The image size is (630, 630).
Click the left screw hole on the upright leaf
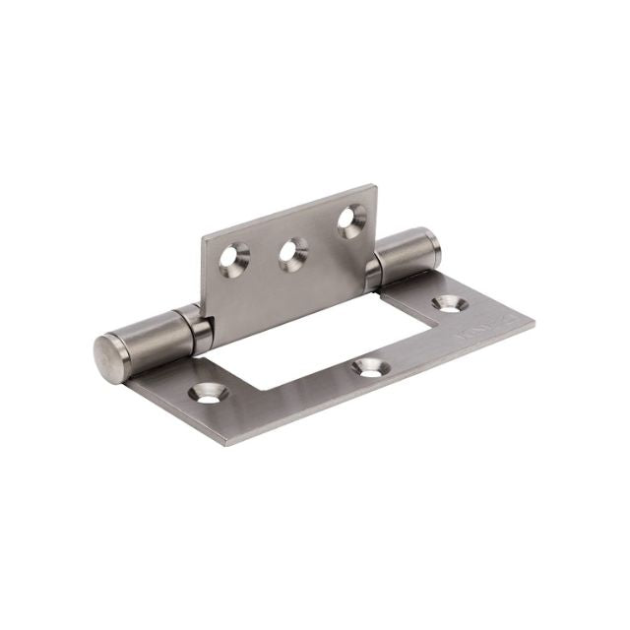[x=235, y=257]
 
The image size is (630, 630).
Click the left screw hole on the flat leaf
[x=209, y=395]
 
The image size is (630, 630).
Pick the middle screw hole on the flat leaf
[x=368, y=367]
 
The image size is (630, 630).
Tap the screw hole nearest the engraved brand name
[x=449, y=305]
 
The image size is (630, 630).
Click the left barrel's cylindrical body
[x=148, y=335]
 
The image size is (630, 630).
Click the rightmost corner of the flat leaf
[x=535, y=320]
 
